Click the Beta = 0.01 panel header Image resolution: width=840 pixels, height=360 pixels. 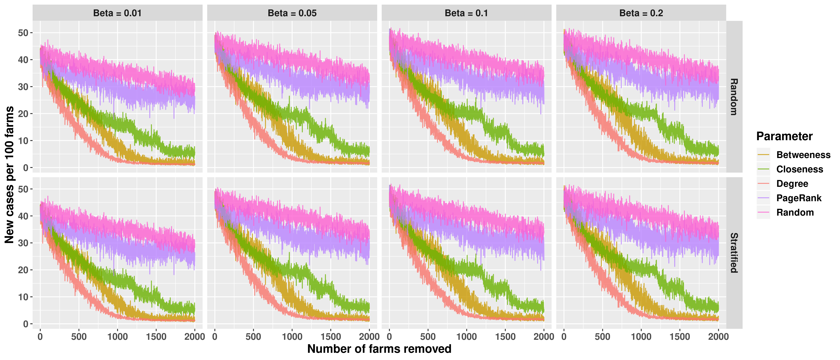click(x=117, y=13)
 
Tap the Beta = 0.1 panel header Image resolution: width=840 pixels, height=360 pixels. click(x=466, y=13)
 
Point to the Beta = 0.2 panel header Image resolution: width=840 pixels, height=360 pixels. click(x=641, y=13)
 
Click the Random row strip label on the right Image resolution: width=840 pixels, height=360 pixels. click(x=734, y=97)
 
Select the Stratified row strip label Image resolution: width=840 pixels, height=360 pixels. click(x=734, y=253)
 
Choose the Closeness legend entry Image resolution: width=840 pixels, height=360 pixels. click(x=800, y=169)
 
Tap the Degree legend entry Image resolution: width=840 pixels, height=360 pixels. click(x=792, y=184)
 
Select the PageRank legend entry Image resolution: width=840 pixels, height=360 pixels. click(x=799, y=198)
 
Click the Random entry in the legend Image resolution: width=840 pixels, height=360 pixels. click(x=795, y=212)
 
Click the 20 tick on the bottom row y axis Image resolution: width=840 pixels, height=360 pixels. click(x=23, y=270)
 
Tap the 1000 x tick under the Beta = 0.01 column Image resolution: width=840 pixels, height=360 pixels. click(x=117, y=337)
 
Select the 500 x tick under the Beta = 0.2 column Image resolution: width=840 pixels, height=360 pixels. click(x=602, y=337)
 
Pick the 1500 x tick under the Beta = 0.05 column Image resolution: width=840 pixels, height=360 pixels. click(x=331, y=337)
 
